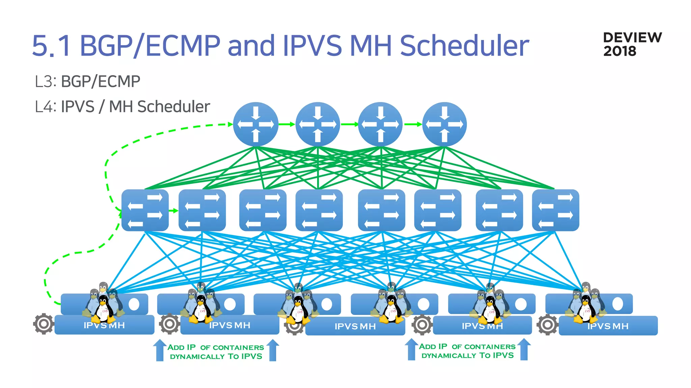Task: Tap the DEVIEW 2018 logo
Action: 632,44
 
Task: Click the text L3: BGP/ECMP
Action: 87,82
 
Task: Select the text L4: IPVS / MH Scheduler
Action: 122,107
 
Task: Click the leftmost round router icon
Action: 256,124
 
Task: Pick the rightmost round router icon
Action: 444,124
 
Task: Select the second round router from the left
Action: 318,124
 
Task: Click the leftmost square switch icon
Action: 145,210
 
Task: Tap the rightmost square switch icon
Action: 555,210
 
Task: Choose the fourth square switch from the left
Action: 319,210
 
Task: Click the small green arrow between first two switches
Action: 173,211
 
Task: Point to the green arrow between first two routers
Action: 287,124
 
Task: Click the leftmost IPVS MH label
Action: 104,325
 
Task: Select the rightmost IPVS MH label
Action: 608,326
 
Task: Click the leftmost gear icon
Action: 44,324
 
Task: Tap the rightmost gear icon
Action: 547,325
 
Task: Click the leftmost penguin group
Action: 103,303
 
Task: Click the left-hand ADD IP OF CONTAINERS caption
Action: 216,352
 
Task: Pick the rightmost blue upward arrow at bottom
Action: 524,350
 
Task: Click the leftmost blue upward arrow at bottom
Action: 160,350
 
